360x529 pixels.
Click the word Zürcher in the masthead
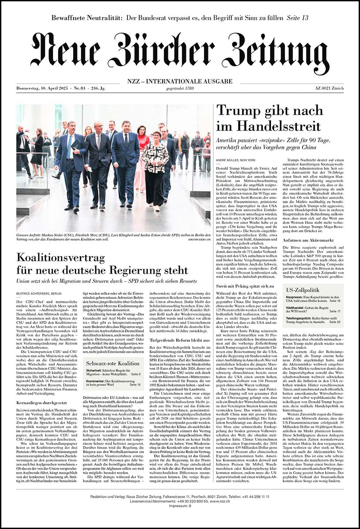coord(179,52)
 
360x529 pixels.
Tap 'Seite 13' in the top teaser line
coord(297,18)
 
